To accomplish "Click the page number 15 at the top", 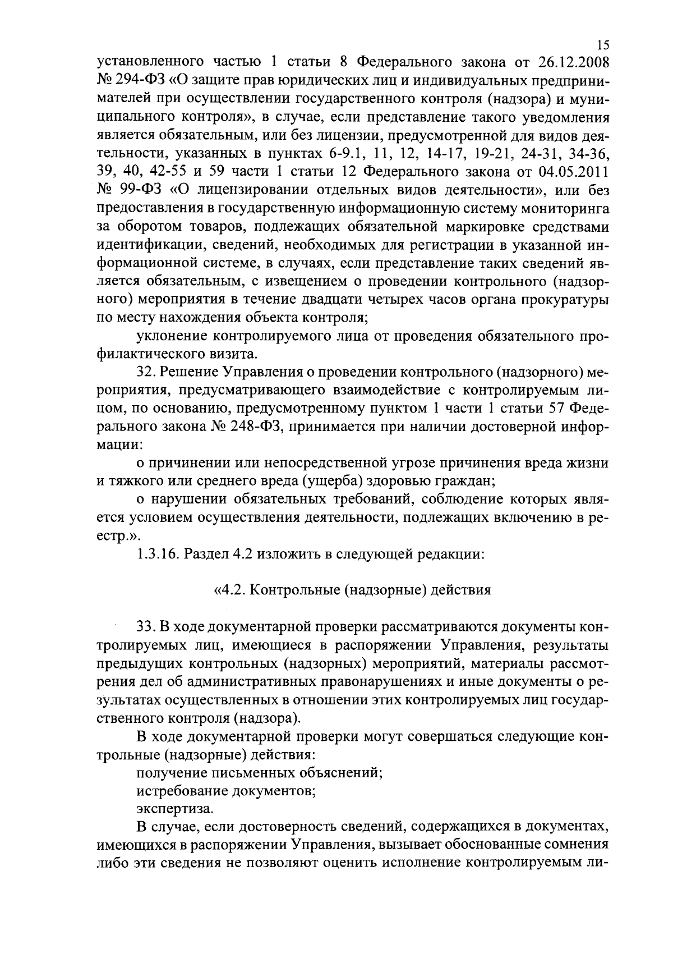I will click(x=603, y=45).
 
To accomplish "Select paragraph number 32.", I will click(x=145, y=373).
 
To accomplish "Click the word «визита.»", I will click(x=238, y=355).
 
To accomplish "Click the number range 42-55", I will click(x=166, y=172).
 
